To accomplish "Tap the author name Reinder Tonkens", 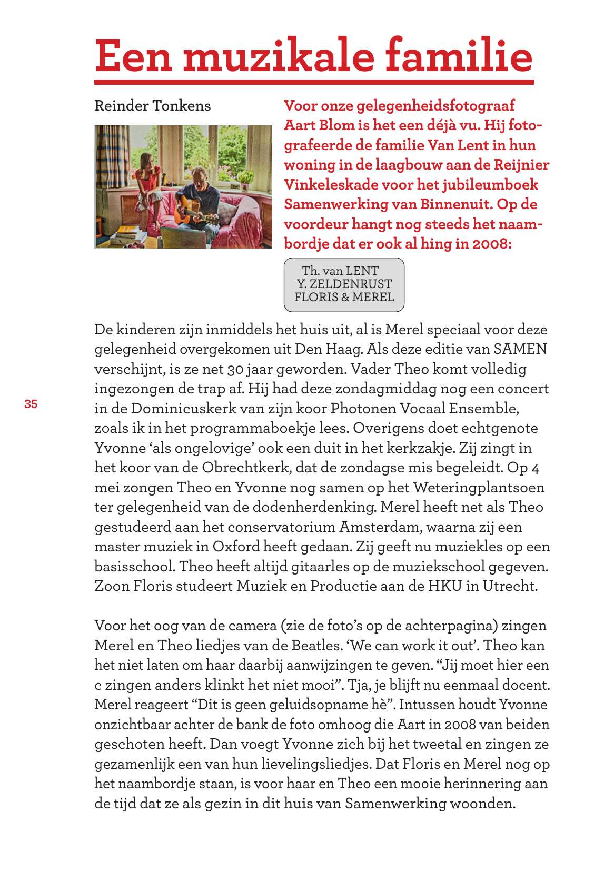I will (x=152, y=106).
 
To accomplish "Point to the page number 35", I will (x=31, y=404).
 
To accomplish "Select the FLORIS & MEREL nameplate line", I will (x=344, y=297).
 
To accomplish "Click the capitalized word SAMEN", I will (x=520, y=349).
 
